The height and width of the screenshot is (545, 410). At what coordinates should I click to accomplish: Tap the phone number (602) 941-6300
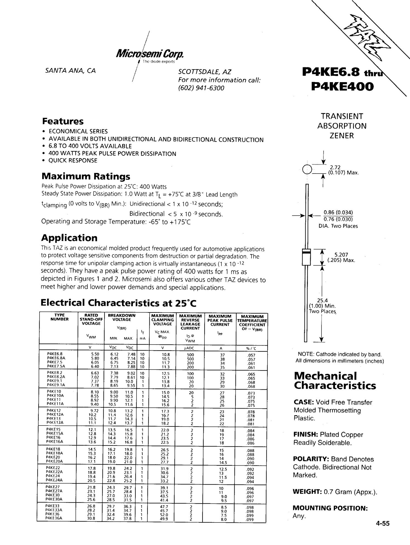[x=201, y=88]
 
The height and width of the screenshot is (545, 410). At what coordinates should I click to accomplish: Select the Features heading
[x=63, y=121]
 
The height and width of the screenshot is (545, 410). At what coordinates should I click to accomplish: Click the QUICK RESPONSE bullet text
[x=73, y=161]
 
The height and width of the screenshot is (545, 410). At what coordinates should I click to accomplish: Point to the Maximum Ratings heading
[x=86, y=176]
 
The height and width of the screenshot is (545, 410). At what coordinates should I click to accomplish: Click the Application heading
[x=69, y=238]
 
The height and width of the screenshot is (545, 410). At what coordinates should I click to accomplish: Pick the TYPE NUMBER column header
[x=59, y=317]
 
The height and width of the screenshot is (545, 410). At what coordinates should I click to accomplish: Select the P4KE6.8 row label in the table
[x=55, y=354]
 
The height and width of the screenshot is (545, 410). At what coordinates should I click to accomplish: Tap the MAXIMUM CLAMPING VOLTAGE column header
[x=163, y=320]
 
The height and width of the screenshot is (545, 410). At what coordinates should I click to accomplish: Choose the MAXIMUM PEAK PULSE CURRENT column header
[x=220, y=320]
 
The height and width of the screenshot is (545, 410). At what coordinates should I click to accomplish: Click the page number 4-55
[x=383, y=523]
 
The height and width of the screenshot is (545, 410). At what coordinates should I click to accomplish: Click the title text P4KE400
[x=343, y=87]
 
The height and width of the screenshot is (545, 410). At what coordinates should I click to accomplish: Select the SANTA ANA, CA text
[x=70, y=71]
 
